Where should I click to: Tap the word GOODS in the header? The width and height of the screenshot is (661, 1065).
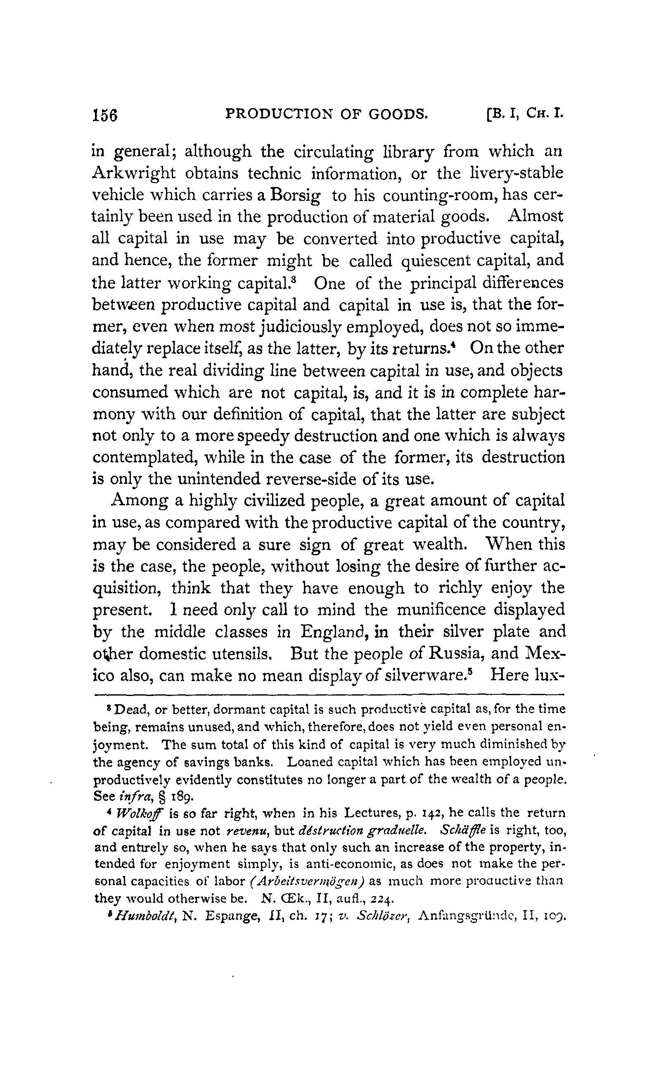point(398,114)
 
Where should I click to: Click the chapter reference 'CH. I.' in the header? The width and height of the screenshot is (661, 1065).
point(544,114)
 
